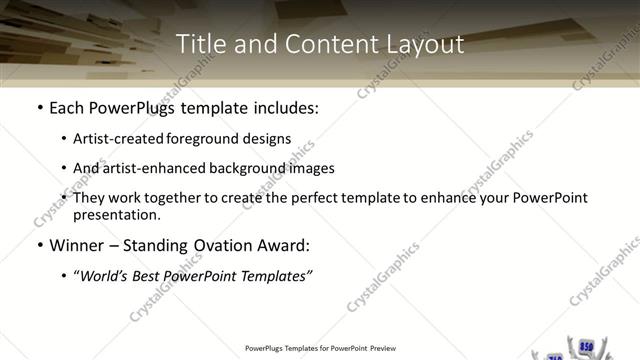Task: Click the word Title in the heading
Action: [x=198, y=45]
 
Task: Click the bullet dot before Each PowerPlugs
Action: [x=38, y=107]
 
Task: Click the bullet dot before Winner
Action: [x=38, y=245]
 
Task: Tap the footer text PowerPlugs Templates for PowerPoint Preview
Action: [x=319, y=349]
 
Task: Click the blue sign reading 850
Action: [x=586, y=347]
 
